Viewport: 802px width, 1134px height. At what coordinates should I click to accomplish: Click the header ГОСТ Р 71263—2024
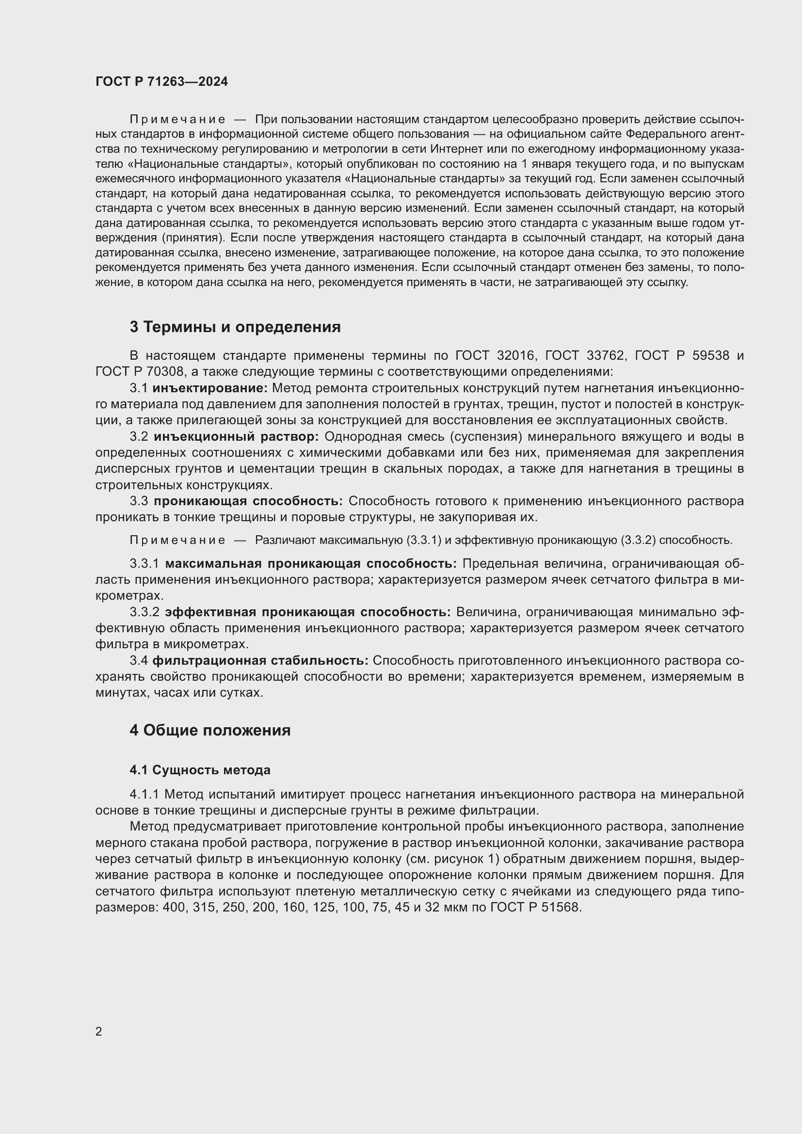161,81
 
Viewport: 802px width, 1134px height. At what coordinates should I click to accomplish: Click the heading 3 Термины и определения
235,327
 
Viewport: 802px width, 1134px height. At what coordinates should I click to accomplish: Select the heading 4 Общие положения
210,731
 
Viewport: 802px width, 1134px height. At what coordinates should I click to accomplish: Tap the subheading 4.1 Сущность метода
200,770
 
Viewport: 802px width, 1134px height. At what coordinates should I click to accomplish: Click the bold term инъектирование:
210,388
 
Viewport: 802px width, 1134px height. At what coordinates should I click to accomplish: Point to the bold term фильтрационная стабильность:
260,660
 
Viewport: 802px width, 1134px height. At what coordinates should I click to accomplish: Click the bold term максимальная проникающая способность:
311,563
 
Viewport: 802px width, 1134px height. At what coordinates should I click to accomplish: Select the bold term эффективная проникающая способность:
308,612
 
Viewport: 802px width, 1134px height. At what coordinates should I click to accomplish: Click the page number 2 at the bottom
99,1031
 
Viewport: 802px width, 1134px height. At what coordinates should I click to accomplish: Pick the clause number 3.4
139,660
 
